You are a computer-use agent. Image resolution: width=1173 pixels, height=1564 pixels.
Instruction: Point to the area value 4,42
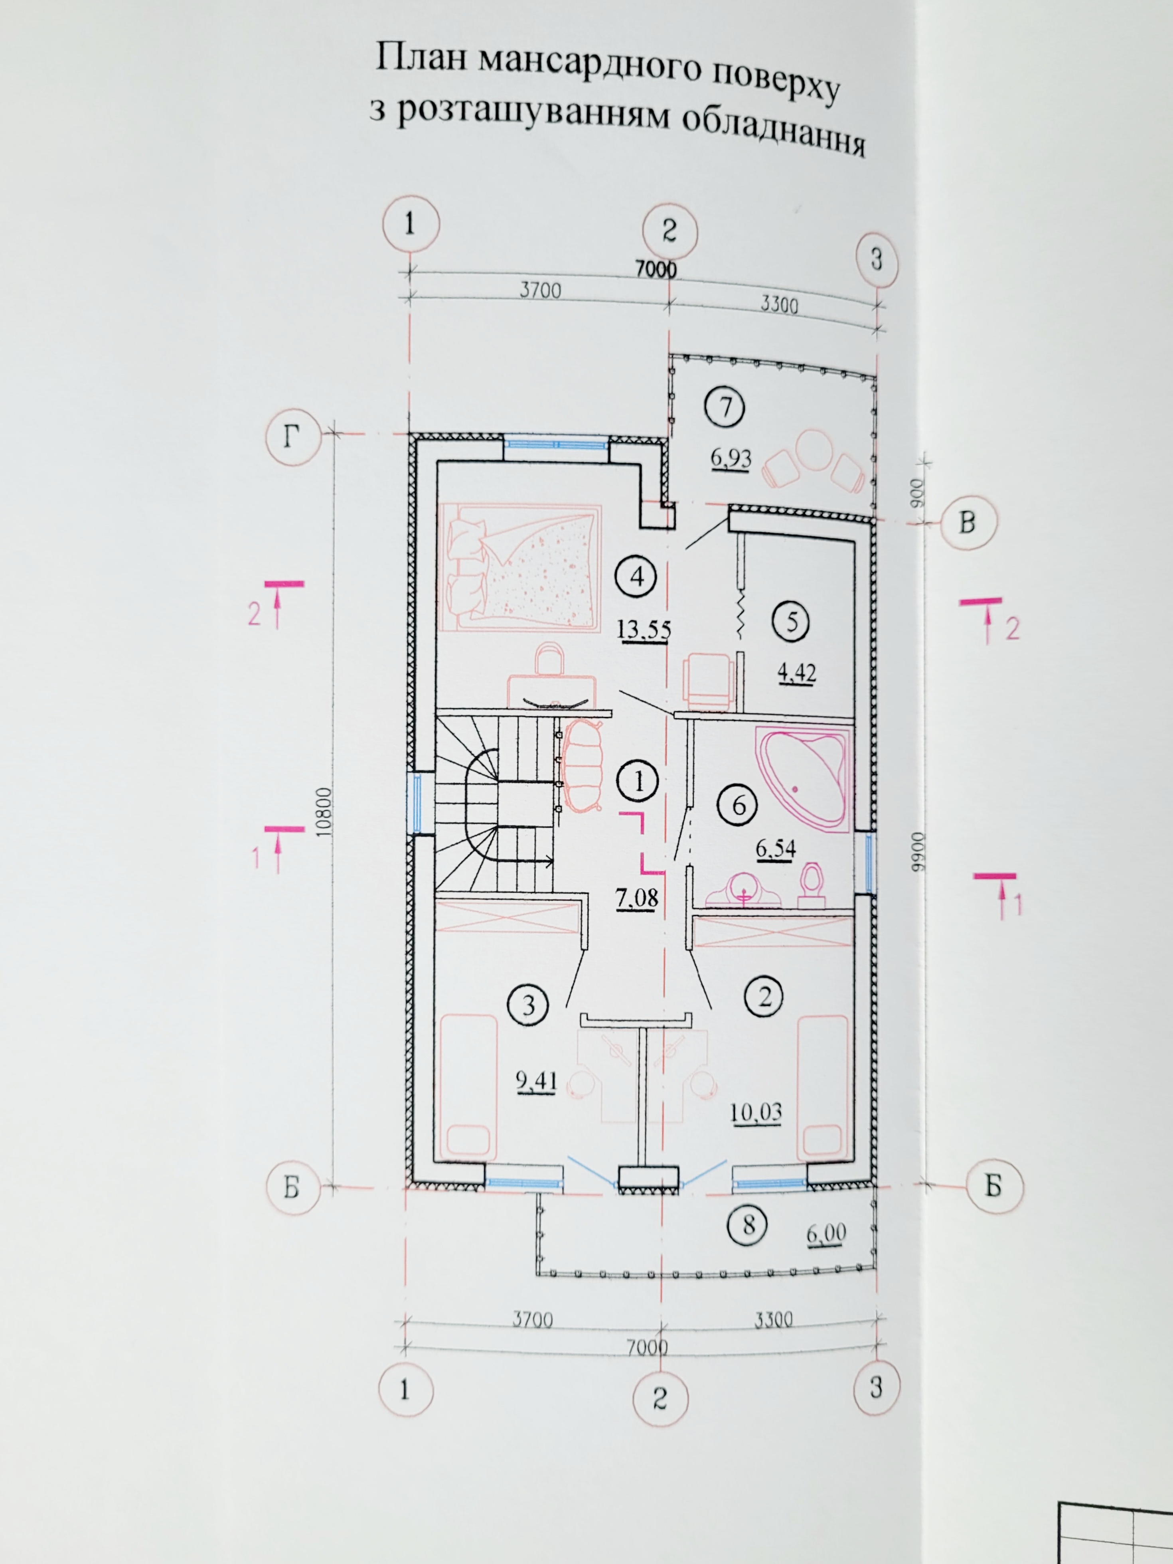coord(797,672)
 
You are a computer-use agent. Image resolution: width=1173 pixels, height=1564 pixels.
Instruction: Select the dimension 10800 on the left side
coord(324,813)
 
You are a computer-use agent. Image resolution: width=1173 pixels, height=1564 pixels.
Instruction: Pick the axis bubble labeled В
coord(967,523)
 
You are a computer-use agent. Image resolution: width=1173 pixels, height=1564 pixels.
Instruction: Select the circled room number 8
coord(749,1224)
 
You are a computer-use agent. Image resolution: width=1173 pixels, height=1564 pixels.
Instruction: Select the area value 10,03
coord(756,1112)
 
